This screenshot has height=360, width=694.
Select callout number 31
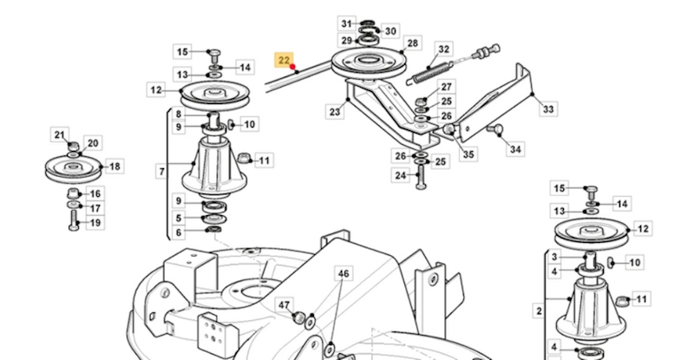[346, 23]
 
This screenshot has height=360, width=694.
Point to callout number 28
[413, 43]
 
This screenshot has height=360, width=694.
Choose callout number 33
[547, 110]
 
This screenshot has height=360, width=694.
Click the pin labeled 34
[499, 129]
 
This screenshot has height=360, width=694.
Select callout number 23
[334, 111]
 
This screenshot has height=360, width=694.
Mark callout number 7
[161, 172]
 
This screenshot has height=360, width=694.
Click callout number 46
[344, 274]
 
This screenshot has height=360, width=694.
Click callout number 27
[446, 87]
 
